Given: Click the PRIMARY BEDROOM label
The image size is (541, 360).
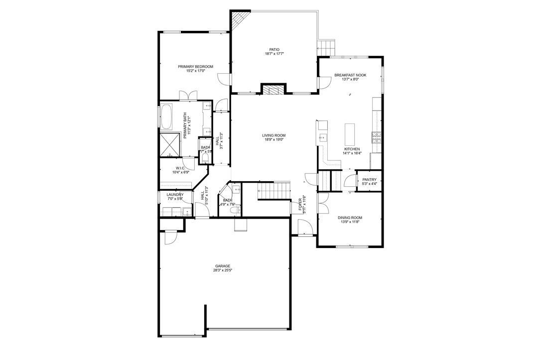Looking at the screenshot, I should pyautogui.click(x=196, y=67).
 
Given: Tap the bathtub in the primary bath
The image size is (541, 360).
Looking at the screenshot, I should pyautogui.click(x=166, y=117).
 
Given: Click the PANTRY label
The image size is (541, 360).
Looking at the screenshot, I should pyautogui.click(x=369, y=179).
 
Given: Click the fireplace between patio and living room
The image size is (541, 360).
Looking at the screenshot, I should pyautogui.click(x=273, y=90).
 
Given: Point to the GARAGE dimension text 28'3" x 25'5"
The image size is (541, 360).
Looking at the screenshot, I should pyautogui.click(x=223, y=270).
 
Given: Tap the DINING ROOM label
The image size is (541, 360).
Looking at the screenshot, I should pyautogui.click(x=350, y=218).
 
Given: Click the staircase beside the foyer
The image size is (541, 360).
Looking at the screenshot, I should pyautogui.click(x=274, y=190).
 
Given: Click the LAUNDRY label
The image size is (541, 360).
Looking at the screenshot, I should pyautogui.click(x=175, y=194).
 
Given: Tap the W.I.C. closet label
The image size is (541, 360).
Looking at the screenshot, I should pyautogui.click(x=180, y=168).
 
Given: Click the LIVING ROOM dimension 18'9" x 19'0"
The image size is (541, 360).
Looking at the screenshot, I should pyautogui.click(x=273, y=140).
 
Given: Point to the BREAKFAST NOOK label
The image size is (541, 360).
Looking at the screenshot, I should pyautogui.click(x=350, y=75).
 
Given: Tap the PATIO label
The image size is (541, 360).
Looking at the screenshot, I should pyautogui.click(x=274, y=49).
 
